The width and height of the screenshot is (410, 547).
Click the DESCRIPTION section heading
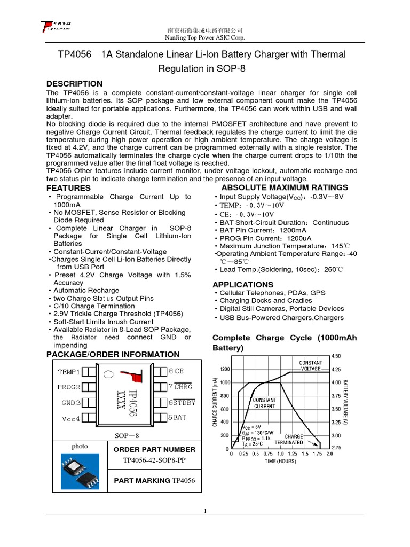pos(74,84)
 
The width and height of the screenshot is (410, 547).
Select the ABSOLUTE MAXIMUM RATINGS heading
pos(285,187)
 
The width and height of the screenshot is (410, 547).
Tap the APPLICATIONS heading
pos(243,285)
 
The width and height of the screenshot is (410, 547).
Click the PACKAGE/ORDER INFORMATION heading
pos(113,355)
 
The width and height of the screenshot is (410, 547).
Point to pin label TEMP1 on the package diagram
pos(69,371)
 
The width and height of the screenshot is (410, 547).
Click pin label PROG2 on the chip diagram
pos(69,387)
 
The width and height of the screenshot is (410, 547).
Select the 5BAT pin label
pos(177,418)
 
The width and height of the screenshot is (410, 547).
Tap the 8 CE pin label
pos(176,371)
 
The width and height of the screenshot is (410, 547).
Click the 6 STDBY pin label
pos(182,402)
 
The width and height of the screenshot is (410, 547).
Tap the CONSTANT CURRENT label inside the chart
pos(264,403)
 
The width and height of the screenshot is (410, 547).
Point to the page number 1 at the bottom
pos(205,511)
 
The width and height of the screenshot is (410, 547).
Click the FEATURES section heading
pos(68,189)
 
